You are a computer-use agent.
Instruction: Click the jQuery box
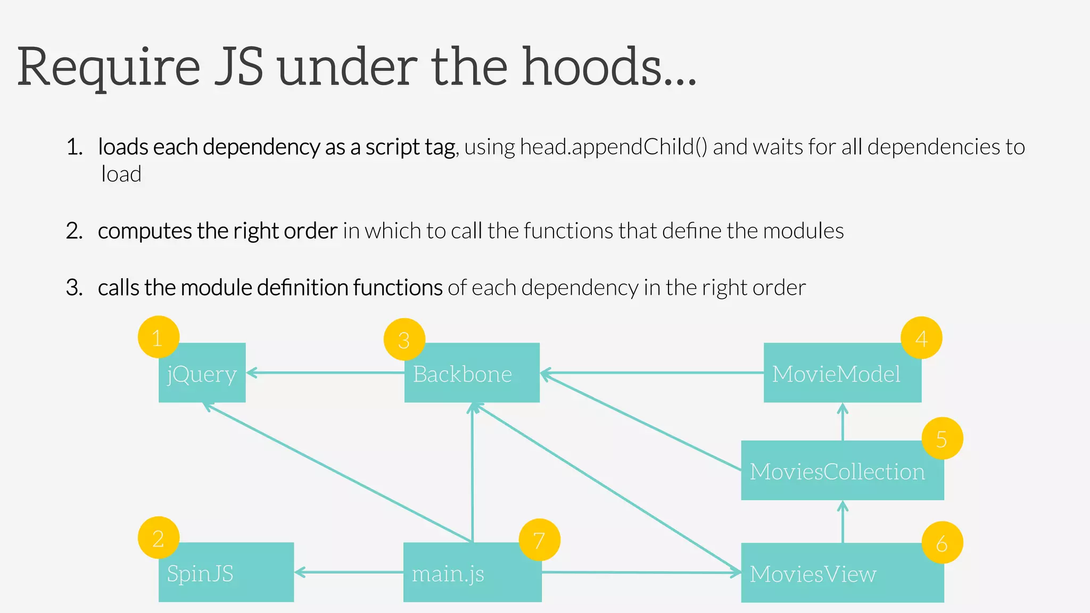click(202, 374)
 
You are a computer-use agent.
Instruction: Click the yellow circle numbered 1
click(158, 337)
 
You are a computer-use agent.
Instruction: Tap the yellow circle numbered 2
click(158, 538)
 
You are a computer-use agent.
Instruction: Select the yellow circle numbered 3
click(404, 339)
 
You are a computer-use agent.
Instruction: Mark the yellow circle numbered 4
click(921, 338)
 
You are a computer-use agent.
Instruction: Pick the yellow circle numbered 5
click(942, 438)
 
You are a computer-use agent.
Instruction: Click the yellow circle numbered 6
click(942, 543)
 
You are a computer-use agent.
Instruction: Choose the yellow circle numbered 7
click(539, 540)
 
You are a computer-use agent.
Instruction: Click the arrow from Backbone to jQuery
click(325, 373)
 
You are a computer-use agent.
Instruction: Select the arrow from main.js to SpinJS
click(349, 573)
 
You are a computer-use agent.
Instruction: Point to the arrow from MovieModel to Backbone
click(652, 373)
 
